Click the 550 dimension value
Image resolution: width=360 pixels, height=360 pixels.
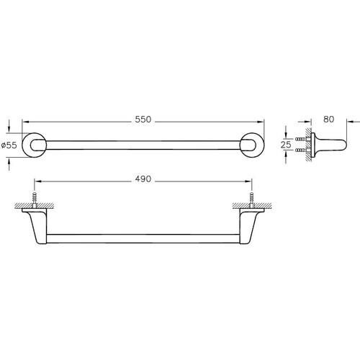(143, 120)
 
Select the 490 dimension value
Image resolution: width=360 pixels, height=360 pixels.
(143, 179)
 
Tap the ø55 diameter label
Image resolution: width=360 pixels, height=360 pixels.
(9, 145)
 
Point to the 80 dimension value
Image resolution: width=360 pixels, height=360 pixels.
(328, 120)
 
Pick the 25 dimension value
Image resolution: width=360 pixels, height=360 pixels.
(286, 145)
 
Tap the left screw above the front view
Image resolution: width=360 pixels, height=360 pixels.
(35, 199)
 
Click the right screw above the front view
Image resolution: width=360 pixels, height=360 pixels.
(251, 199)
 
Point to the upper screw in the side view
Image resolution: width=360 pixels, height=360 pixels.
(301, 139)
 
